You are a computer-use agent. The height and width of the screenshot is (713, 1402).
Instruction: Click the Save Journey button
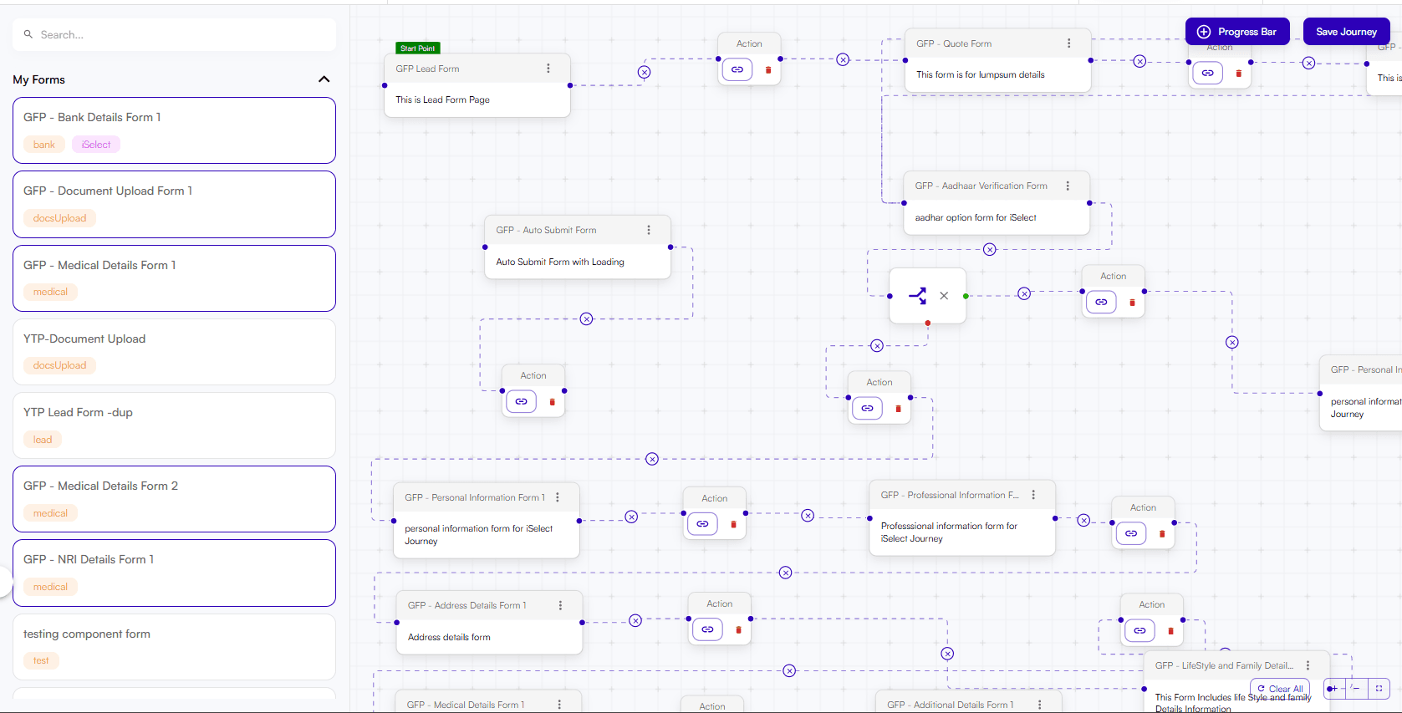coord(1346,32)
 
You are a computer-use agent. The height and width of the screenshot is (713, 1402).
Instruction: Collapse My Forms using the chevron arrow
coord(324,79)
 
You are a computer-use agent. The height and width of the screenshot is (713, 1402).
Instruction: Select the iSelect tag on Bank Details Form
coord(96,145)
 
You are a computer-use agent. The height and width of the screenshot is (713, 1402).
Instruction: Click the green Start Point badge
coord(417,48)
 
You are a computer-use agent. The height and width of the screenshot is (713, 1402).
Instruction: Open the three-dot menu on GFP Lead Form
coord(548,69)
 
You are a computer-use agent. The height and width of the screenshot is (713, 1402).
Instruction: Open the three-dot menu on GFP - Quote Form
coord(1068,43)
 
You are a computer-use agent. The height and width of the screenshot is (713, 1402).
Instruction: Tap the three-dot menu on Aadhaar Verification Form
coord(1068,186)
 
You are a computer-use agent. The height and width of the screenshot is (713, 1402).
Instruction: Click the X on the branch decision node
coord(944,296)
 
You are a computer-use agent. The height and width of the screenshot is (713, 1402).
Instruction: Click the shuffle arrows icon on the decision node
coord(917,296)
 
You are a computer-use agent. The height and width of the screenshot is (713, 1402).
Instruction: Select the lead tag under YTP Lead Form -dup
coord(43,440)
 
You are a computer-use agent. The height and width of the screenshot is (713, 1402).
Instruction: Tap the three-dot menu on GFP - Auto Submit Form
coord(649,230)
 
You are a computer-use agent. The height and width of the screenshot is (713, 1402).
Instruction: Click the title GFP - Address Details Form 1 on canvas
coord(466,605)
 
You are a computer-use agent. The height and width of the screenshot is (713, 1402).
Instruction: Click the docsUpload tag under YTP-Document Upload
coord(59,365)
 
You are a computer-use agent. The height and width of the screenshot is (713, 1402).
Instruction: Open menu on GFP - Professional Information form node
coord(1033,495)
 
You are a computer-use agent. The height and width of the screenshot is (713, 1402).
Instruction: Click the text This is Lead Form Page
coord(442,99)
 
